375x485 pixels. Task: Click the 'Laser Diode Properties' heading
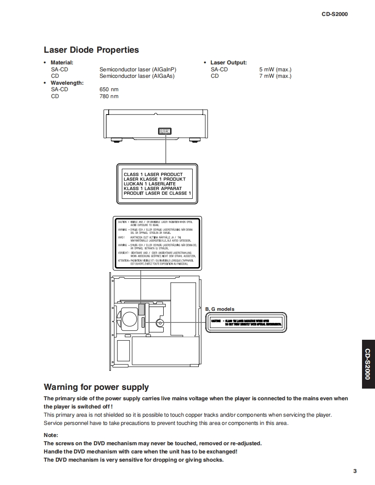pyautogui.click(x=91, y=50)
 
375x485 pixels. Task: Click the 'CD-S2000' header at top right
pyautogui.click(x=334, y=14)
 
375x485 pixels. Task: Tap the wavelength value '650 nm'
pyautogui.click(x=109, y=89)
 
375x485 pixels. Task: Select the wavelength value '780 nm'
pyautogui.click(x=109, y=96)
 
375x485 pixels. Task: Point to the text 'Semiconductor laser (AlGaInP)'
pyautogui.click(x=138, y=69)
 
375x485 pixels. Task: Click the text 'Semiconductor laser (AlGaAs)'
pyautogui.click(x=137, y=76)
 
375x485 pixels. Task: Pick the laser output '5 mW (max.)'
pyautogui.click(x=275, y=69)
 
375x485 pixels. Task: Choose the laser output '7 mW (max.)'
pyautogui.click(x=275, y=76)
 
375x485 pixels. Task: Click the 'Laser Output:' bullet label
pyautogui.click(x=229, y=63)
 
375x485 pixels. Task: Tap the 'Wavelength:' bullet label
pyautogui.click(x=67, y=83)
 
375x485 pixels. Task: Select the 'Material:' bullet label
pyautogui.click(x=62, y=63)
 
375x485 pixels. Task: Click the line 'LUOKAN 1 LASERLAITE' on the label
pyautogui.click(x=150, y=184)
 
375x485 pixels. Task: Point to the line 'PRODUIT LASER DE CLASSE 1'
pyautogui.click(x=157, y=193)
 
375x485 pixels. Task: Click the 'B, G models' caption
pyautogui.click(x=220, y=309)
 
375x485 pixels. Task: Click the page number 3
pyautogui.click(x=355, y=471)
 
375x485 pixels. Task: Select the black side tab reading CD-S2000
pyautogui.click(x=367, y=364)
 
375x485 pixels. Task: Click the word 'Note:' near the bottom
pyautogui.click(x=51, y=435)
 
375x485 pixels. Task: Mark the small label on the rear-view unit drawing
pyautogui.click(x=165, y=131)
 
